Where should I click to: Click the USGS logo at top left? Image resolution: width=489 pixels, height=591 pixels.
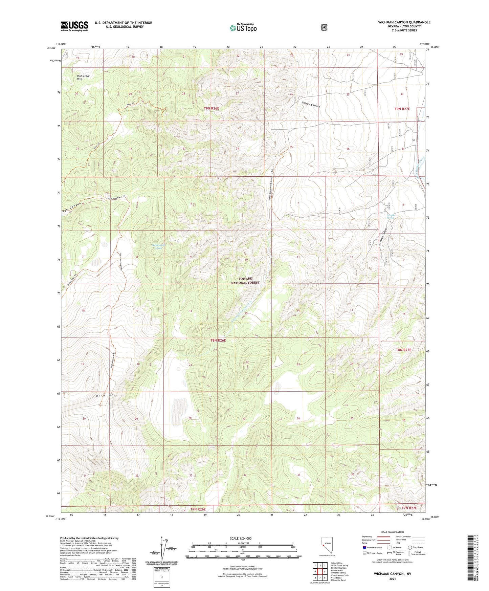click(x=74, y=26)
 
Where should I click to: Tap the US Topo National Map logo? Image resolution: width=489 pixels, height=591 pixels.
click(x=243, y=27)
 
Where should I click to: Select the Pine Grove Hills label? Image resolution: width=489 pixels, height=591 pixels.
click(x=83, y=77)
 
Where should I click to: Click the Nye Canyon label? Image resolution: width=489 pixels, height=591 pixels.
click(x=72, y=207)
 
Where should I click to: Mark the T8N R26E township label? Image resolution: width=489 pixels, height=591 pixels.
click(x=215, y=341)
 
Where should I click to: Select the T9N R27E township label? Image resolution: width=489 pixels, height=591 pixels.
click(x=402, y=109)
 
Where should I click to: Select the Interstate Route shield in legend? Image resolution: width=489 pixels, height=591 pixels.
click(x=364, y=547)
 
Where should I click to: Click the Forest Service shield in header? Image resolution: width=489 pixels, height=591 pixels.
click(x=324, y=27)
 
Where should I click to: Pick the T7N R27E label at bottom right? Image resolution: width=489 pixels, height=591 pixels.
click(x=410, y=508)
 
